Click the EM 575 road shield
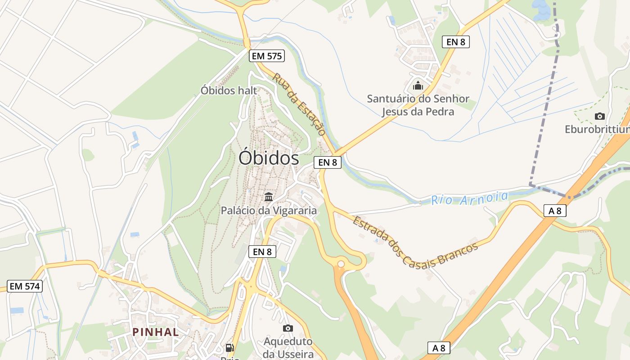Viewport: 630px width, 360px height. coord(267,56)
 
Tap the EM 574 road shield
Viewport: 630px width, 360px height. coord(25,286)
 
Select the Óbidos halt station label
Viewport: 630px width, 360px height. coord(229,90)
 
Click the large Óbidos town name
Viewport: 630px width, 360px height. coord(269,158)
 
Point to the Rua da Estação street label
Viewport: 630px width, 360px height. coord(298,104)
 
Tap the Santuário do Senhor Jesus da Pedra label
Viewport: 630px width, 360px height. coord(418,105)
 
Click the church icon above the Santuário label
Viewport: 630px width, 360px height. coord(418,85)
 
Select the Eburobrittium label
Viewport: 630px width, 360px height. coord(597,130)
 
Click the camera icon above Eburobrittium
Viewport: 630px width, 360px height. coord(599,117)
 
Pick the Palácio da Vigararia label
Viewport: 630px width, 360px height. coord(269,210)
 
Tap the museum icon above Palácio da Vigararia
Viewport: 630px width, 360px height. coord(269,197)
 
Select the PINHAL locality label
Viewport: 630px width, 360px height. coord(155,332)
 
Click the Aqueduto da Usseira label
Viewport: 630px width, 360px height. coord(288,347)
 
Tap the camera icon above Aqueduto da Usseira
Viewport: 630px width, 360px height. coord(288,328)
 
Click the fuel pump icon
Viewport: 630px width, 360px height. coord(229,347)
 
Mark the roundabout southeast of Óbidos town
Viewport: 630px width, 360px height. coord(341,264)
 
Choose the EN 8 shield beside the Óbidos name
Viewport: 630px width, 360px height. coord(327,162)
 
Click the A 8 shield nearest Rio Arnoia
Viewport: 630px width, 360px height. coord(554,211)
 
